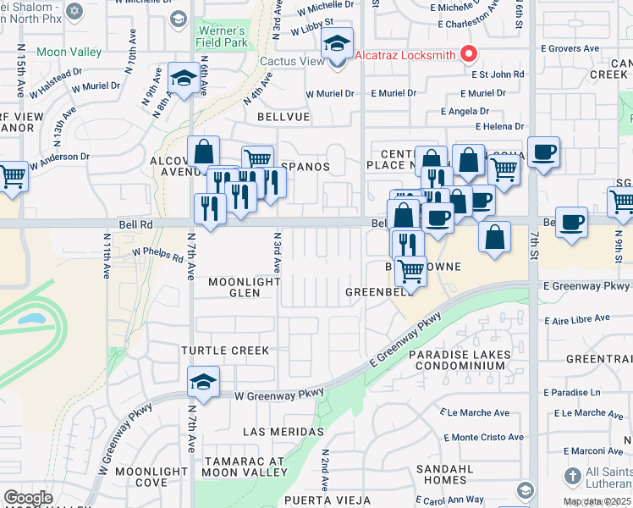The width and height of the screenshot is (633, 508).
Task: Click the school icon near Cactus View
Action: tap(338, 46)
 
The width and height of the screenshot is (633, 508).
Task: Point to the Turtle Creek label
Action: tap(224, 350)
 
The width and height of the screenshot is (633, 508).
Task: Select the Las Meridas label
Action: tap(283, 432)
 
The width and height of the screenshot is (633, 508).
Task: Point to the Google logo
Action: tap(28, 498)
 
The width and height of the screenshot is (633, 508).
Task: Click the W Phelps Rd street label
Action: tap(158, 253)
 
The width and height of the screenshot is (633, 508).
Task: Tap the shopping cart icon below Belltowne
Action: tap(410, 271)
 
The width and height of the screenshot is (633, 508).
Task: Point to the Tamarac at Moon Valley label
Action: tap(244, 467)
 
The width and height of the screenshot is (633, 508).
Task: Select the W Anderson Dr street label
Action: tap(61, 157)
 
